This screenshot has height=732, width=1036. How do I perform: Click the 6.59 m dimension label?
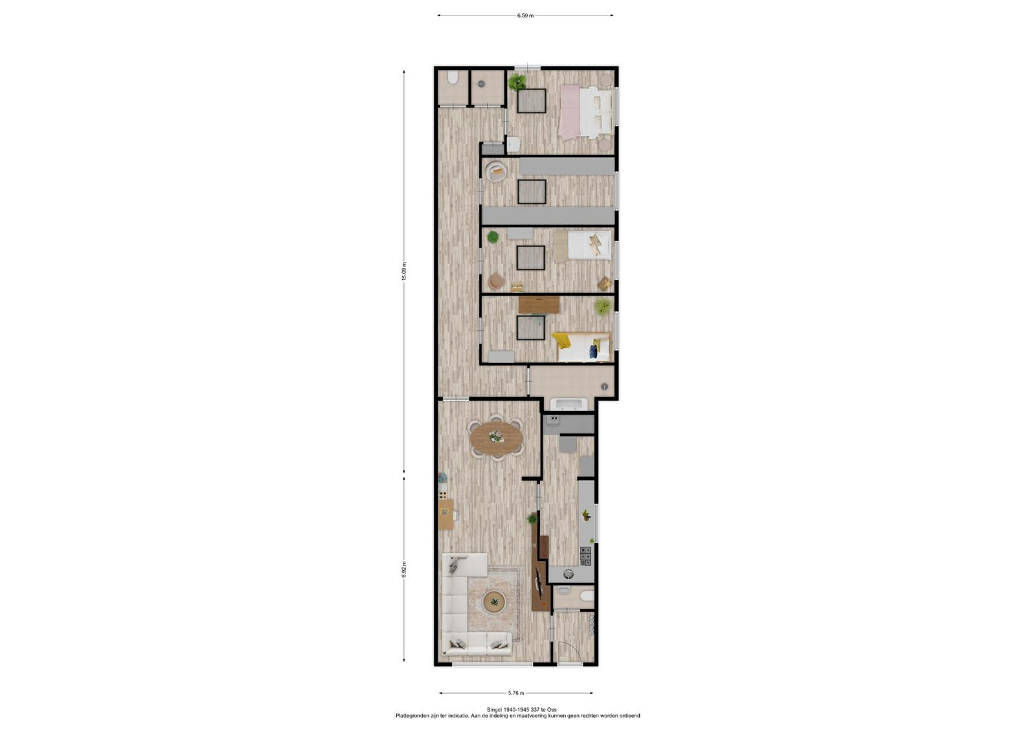click(x=525, y=16)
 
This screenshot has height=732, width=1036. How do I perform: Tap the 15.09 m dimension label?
click(x=404, y=271)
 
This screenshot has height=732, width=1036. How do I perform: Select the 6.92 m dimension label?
click(x=404, y=570)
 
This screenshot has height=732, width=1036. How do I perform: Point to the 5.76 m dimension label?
click(x=516, y=693)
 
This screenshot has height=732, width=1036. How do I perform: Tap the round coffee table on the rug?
click(x=495, y=602)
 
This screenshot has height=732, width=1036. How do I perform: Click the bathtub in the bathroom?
click(x=571, y=404)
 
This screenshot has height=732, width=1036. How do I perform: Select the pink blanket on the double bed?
click(x=569, y=113)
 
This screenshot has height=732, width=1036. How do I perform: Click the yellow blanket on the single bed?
click(x=561, y=340)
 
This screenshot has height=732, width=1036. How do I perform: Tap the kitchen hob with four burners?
click(x=585, y=557)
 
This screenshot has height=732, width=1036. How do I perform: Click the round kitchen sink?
click(x=569, y=574)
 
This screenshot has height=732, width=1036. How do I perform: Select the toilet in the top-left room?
click(x=453, y=78)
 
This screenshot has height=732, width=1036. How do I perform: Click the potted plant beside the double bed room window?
click(x=517, y=82)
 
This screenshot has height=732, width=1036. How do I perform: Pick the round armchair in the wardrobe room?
click(x=496, y=172)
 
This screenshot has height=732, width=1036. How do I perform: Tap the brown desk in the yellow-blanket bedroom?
click(x=539, y=305)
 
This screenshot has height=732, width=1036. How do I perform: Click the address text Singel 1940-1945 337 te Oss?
click(x=522, y=709)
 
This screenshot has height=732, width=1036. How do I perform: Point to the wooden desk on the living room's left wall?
click(x=445, y=514)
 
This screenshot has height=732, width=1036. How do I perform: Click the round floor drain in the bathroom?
click(x=605, y=386)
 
